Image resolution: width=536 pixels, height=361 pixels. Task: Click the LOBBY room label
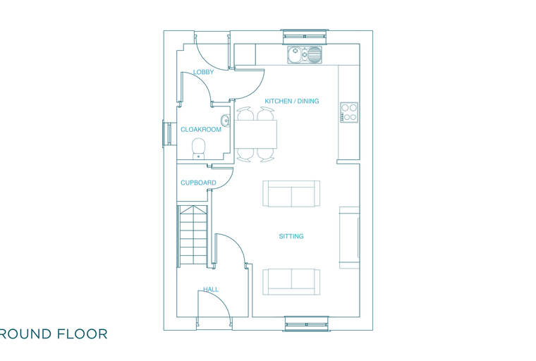[203, 72]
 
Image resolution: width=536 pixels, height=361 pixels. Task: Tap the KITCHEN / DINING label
[292, 102]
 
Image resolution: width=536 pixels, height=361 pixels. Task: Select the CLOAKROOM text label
[201, 130]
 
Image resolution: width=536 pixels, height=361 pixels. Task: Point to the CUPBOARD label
[198, 183]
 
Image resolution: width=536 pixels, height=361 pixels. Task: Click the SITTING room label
[291, 236]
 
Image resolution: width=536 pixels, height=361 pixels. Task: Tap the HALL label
[211, 290]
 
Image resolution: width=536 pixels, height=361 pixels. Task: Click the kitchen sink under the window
[305, 55]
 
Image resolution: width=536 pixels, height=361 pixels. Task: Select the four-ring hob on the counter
[349, 113]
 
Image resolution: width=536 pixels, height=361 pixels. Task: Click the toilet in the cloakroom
[198, 149]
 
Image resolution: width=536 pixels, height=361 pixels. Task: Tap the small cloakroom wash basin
[225, 120]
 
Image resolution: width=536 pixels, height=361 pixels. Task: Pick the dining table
[255, 134]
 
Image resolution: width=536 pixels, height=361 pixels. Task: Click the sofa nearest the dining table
[291, 193]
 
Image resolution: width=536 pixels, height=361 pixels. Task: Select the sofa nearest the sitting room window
[291, 282]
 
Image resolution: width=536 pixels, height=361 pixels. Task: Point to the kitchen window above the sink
[305, 37]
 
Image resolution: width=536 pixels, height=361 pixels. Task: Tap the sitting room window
[307, 324]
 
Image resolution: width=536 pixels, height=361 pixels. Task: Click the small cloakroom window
[167, 134]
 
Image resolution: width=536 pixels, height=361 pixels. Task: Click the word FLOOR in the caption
[82, 334]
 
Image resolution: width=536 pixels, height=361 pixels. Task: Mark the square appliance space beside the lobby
[245, 54]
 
